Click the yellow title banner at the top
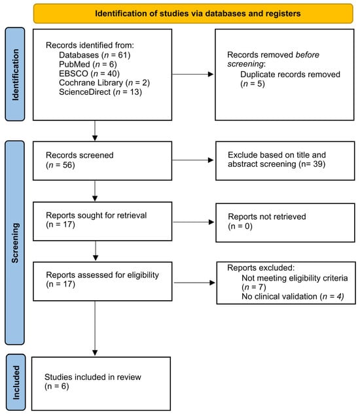193,14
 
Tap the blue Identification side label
15,75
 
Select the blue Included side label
16,382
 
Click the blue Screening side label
15,243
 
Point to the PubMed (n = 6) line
88,64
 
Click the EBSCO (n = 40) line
89,73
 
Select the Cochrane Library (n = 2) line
104,83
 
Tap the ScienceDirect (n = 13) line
100,92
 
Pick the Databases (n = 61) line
94,55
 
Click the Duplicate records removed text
290,75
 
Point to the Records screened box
103,161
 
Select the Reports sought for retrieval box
103,221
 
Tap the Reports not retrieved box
285,222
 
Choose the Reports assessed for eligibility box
103,281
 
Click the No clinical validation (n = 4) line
293,296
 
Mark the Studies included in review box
101,384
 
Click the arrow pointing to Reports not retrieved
194,222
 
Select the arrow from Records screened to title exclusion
193,160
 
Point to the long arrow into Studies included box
95,328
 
